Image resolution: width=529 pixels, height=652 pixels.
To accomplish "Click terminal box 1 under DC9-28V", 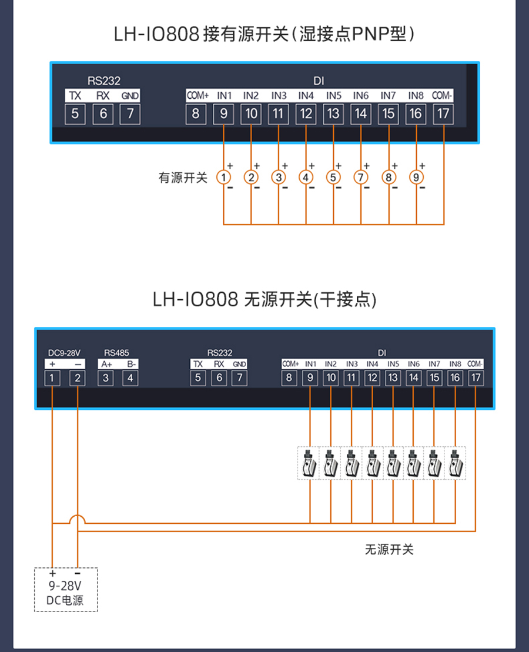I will (x=53, y=378).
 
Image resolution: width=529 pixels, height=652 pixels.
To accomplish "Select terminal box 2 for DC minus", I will (x=78, y=378).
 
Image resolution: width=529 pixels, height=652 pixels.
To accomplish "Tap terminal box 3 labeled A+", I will (x=106, y=378).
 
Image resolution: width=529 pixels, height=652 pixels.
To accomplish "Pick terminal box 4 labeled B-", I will (x=130, y=378).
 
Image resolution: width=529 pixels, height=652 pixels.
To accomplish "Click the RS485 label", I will (x=116, y=353).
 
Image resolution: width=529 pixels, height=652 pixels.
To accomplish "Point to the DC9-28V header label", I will (x=65, y=353).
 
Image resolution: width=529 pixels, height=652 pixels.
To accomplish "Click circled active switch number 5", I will (x=333, y=177).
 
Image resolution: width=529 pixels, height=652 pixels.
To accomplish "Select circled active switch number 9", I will (x=416, y=177).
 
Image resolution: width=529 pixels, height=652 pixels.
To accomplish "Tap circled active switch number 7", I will (x=361, y=177).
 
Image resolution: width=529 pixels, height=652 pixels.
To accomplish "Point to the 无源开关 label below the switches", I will (x=389, y=549).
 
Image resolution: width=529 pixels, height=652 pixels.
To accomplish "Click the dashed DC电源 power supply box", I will (x=66, y=589).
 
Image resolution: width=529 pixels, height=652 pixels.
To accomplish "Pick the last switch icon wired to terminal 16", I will (x=454, y=463).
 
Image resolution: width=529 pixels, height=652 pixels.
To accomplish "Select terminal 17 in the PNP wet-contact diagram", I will (x=443, y=113).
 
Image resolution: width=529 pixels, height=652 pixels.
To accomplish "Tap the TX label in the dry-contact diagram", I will (x=198, y=365).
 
